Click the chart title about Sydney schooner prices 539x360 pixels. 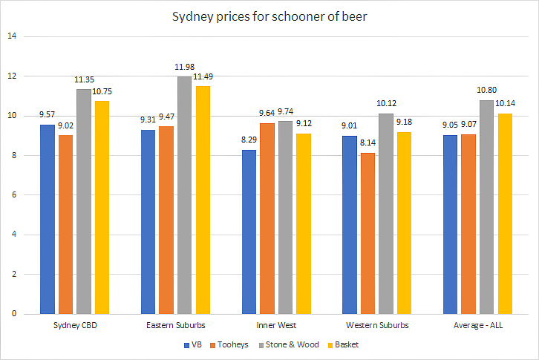pos(269,16)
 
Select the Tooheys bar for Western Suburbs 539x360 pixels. pos(367,233)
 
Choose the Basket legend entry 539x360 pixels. pos(346,345)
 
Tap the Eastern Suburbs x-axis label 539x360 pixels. pos(175,326)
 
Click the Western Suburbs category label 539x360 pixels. pos(376,326)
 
